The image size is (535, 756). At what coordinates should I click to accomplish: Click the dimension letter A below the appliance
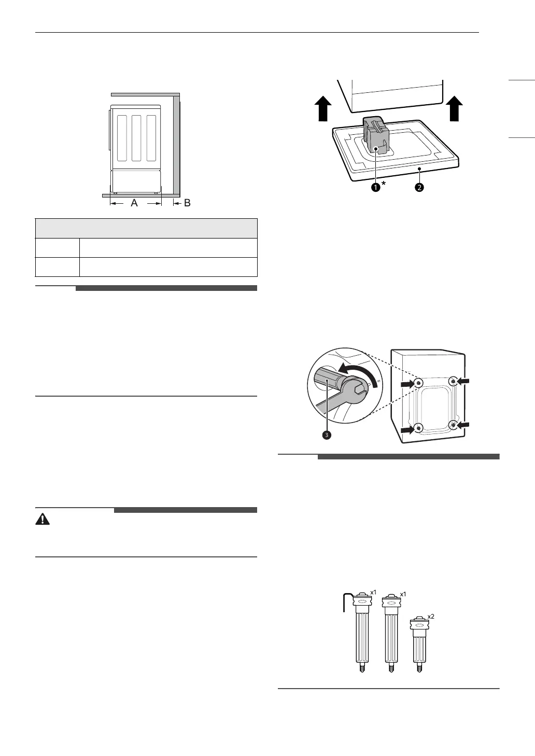[x=134, y=204]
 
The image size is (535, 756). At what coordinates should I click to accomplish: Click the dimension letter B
[x=187, y=203]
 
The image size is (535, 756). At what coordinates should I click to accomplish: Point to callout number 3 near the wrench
[x=327, y=435]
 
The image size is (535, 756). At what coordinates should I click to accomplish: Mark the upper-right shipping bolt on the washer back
[x=454, y=382]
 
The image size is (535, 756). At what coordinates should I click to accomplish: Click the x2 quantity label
[x=431, y=617]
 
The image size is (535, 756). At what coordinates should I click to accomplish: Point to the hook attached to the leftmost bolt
[x=346, y=601]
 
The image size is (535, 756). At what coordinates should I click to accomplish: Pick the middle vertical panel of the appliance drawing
[x=136, y=137]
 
